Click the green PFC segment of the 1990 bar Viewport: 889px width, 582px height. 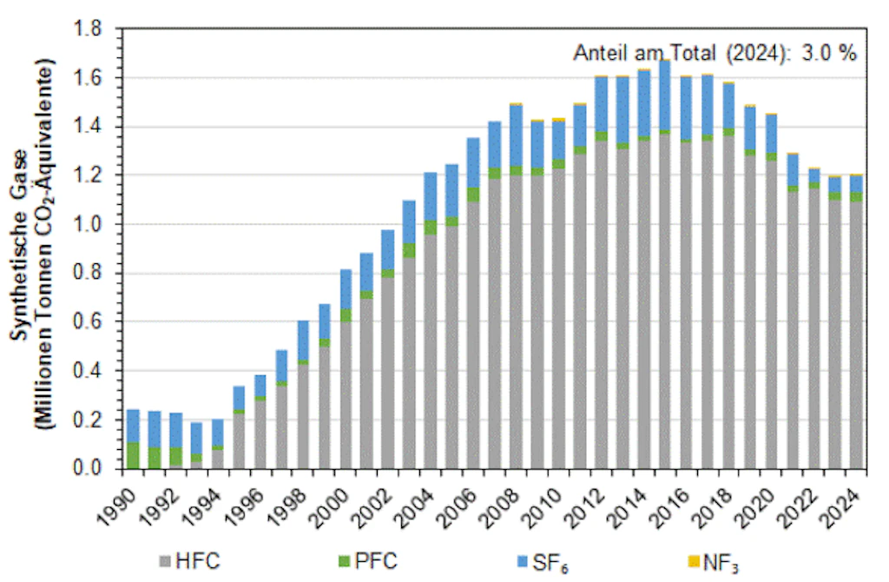133,455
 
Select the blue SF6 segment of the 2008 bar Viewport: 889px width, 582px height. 516,136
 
